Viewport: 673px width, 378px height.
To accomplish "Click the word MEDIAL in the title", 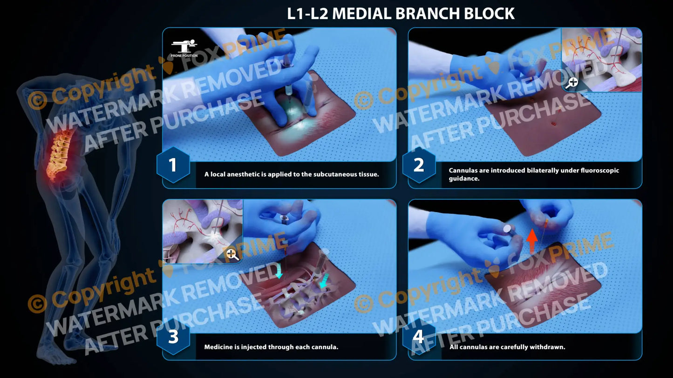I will tap(363, 13).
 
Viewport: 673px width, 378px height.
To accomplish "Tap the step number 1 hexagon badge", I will tap(173, 165).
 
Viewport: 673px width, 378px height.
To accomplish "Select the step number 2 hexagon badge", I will tap(419, 165).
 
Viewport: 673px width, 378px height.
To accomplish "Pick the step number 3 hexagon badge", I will tap(173, 337).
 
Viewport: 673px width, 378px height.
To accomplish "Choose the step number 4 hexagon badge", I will tap(419, 337).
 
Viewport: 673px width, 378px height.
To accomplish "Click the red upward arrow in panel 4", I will tap(532, 241).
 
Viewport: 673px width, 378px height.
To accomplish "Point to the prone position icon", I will tap(184, 47).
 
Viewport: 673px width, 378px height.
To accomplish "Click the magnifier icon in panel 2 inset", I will tap(572, 83).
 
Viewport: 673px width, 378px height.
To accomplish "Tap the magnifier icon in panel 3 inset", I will tap(232, 254).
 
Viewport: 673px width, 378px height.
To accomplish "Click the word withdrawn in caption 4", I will tap(547, 347).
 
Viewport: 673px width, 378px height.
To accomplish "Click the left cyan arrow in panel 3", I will tap(279, 271).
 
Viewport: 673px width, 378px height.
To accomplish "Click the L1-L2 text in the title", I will tap(307, 13).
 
